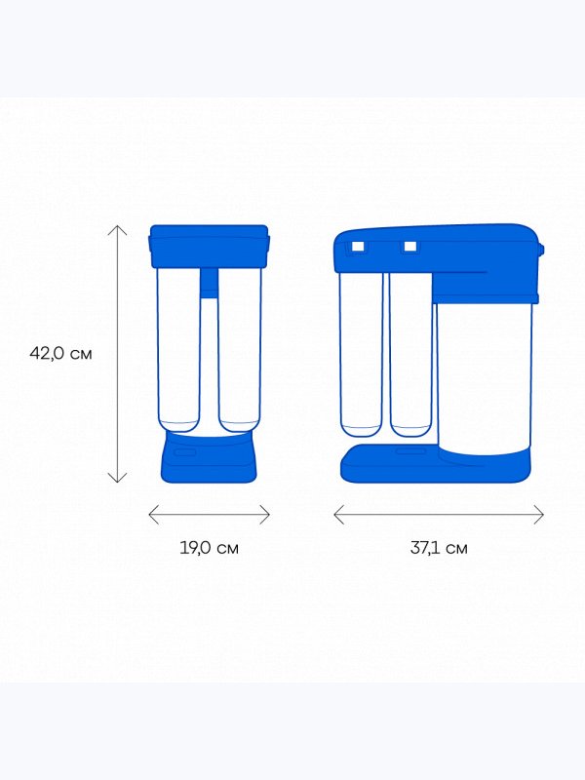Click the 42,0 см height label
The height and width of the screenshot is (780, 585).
coord(60,353)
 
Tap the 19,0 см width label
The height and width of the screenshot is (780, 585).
coord(209,548)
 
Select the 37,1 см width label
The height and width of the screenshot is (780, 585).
coord(439,548)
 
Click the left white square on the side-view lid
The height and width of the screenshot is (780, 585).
coord(358,247)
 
